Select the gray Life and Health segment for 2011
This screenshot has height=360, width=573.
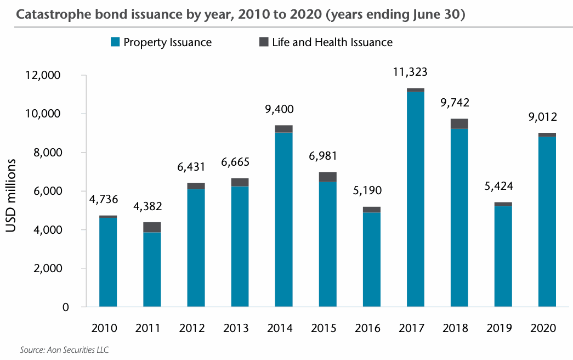pyautogui.click(x=152, y=227)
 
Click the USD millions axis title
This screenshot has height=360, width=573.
pyautogui.click(x=12, y=196)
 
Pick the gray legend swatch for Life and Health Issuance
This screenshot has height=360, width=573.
pyautogui.click(x=263, y=42)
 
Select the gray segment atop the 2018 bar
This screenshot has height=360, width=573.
pyautogui.click(x=459, y=123)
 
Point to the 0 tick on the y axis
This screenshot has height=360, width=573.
pyautogui.click(x=65, y=307)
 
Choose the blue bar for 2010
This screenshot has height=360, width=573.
pyautogui.click(x=108, y=262)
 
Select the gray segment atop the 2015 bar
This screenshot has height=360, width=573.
pyautogui.click(x=328, y=177)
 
